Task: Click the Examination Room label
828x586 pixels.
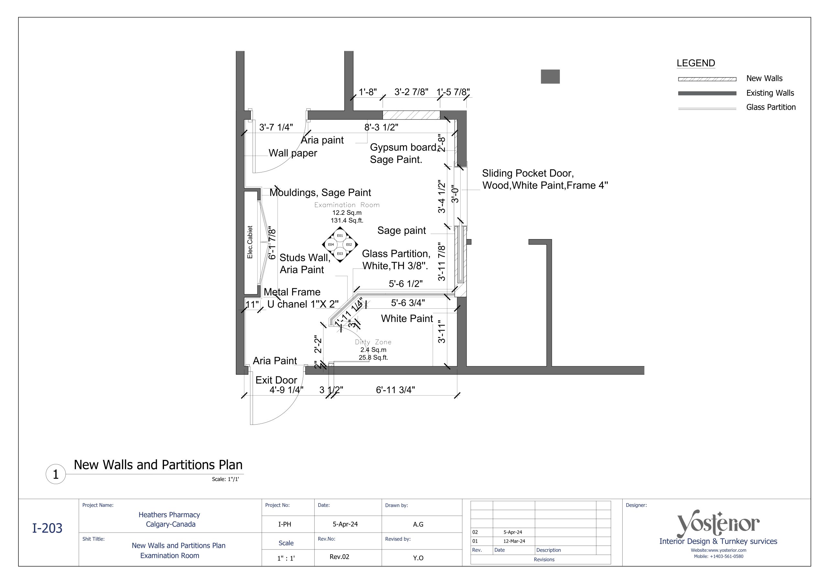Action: [346, 205]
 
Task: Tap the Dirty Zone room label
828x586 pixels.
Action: [373, 342]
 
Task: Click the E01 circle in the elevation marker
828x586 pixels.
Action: [340, 236]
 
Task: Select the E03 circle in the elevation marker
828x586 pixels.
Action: [340, 254]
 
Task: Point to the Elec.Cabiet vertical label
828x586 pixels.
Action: [250, 242]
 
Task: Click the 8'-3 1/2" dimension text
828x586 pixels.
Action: [381, 127]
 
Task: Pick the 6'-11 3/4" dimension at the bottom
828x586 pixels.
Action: [395, 390]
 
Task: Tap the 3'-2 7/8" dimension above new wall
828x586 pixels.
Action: [411, 92]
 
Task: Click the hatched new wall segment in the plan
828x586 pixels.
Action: [411, 115]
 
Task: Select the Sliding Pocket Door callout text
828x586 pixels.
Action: [545, 179]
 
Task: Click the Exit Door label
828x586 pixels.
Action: [276, 380]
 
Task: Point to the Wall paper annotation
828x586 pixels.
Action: [292, 153]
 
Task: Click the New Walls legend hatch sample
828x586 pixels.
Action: [707, 79]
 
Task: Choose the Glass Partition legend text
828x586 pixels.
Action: [771, 107]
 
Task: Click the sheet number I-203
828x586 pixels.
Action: [47, 528]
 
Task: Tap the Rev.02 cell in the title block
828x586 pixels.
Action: [339, 557]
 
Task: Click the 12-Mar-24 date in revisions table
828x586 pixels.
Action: [514, 541]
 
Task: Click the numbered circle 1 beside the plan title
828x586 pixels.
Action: [56, 474]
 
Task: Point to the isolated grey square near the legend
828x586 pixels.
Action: [550, 76]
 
